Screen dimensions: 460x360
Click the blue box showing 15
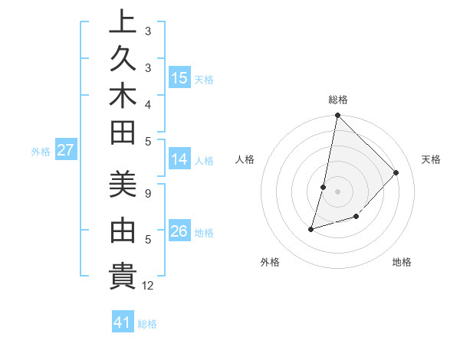point(179,78)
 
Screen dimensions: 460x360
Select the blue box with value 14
point(179,159)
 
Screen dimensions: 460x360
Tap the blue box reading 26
point(179,231)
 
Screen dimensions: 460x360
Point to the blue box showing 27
point(65,150)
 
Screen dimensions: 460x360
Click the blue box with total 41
point(123,322)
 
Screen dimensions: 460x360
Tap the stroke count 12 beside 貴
point(148,285)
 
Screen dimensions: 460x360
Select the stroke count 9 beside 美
point(148,192)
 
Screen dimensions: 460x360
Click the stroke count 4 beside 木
point(148,104)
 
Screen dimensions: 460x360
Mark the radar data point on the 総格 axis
point(337,116)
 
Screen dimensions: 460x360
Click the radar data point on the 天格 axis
point(396,172)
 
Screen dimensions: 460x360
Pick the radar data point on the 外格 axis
point(311,228)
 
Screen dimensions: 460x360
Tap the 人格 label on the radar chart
point(245,159)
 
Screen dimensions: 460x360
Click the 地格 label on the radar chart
point(402,262)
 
